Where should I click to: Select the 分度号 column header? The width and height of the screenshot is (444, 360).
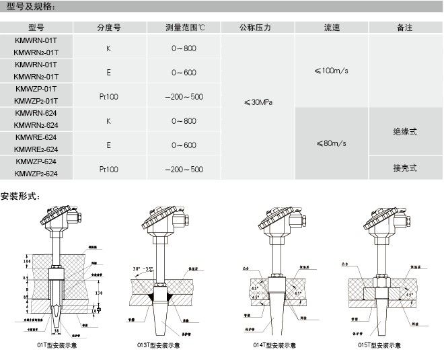108,28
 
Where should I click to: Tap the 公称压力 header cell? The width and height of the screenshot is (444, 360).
254,28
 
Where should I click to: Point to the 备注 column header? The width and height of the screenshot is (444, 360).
404,28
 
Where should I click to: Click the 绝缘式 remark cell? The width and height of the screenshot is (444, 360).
404,132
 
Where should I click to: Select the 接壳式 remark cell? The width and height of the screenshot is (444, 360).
404,168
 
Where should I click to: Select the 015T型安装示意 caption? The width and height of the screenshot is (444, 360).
379,345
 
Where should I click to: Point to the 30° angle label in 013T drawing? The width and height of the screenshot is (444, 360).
141,269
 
